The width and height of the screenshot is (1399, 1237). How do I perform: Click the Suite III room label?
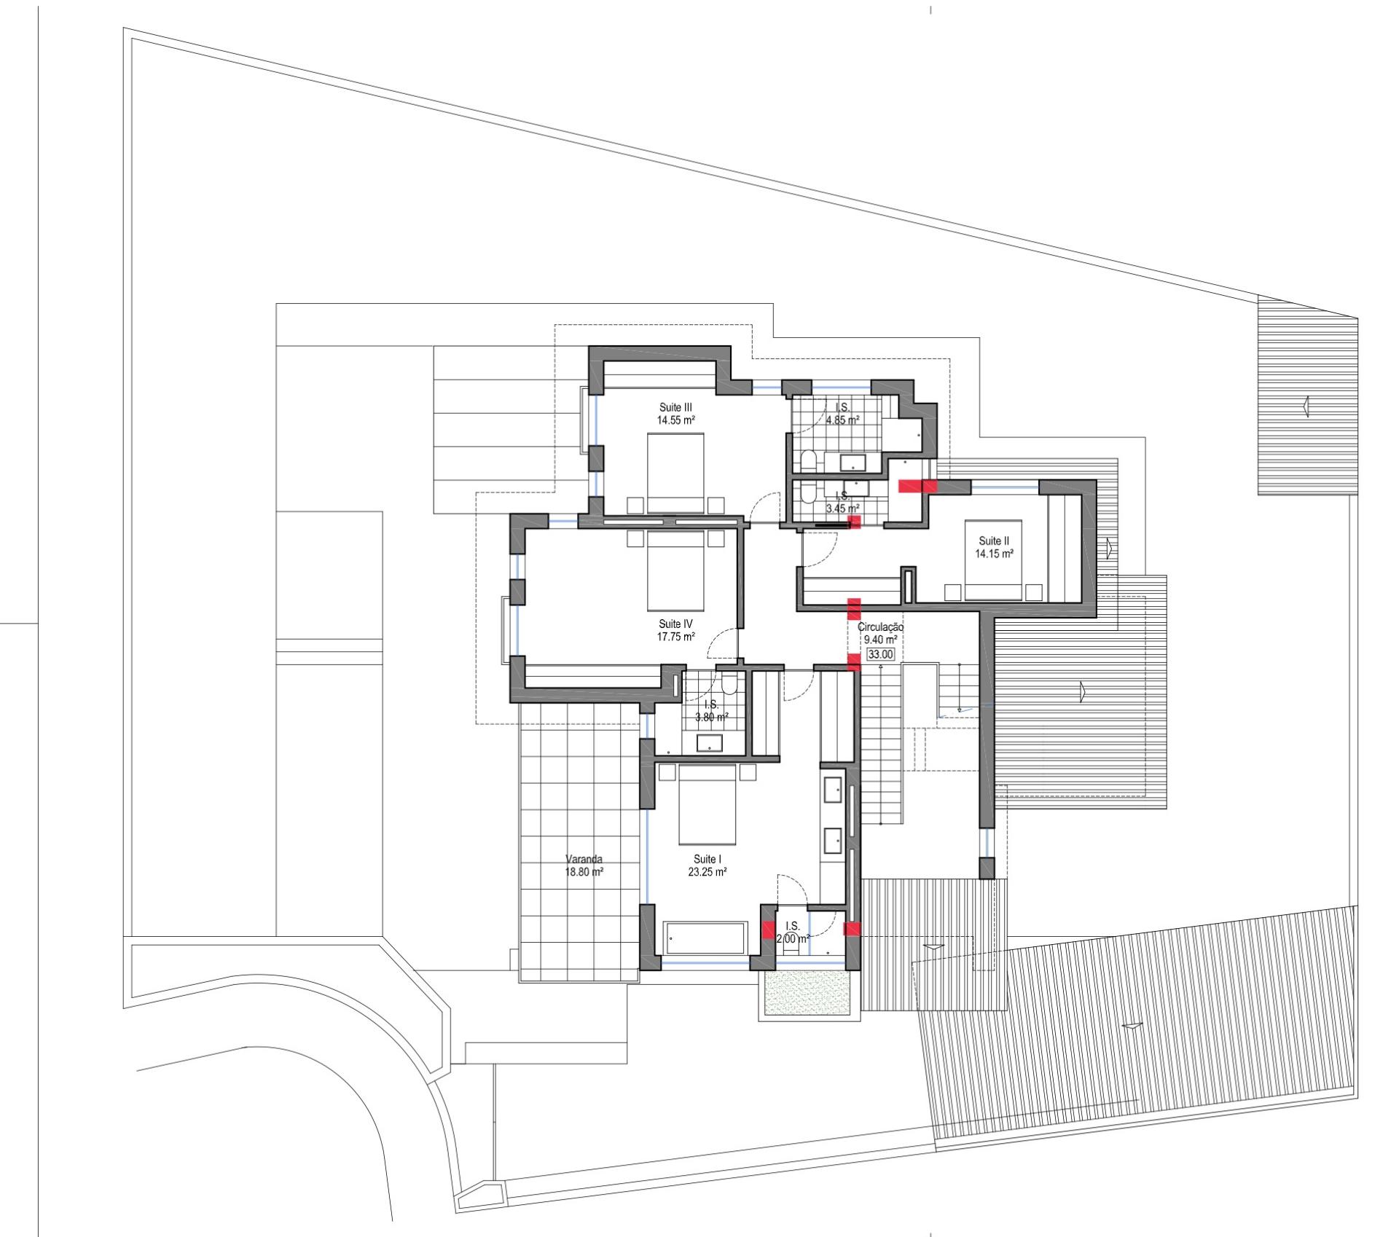(x=675, y=407)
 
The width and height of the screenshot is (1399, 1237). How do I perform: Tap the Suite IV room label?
(x=675, y=624)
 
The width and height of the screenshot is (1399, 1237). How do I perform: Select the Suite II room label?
(x=994, y=541)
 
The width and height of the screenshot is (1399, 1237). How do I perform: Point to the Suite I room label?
(x=705, y=859)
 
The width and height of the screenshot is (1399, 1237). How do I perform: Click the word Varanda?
(x=584, y=859)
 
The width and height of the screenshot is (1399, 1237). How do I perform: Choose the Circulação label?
(x=880, y=627)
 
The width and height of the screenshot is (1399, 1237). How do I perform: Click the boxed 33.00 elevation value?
(x=880, y=654)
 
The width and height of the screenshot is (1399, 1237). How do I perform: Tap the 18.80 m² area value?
(x=584, y=871)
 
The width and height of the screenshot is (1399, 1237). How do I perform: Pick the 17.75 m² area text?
(x=675, y=636)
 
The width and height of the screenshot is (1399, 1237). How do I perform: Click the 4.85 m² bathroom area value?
(x=842, y=420)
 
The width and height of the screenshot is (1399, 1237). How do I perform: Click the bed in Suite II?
(x=993, y=559)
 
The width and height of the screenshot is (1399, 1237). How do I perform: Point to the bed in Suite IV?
(x=675, y=570)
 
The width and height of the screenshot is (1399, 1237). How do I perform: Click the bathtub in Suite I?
(x=705, y=938)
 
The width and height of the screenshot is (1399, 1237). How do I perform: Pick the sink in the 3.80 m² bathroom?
(x=710, y=744)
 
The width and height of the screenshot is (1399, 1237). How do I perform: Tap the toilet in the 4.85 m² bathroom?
(x=807, y=460)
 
